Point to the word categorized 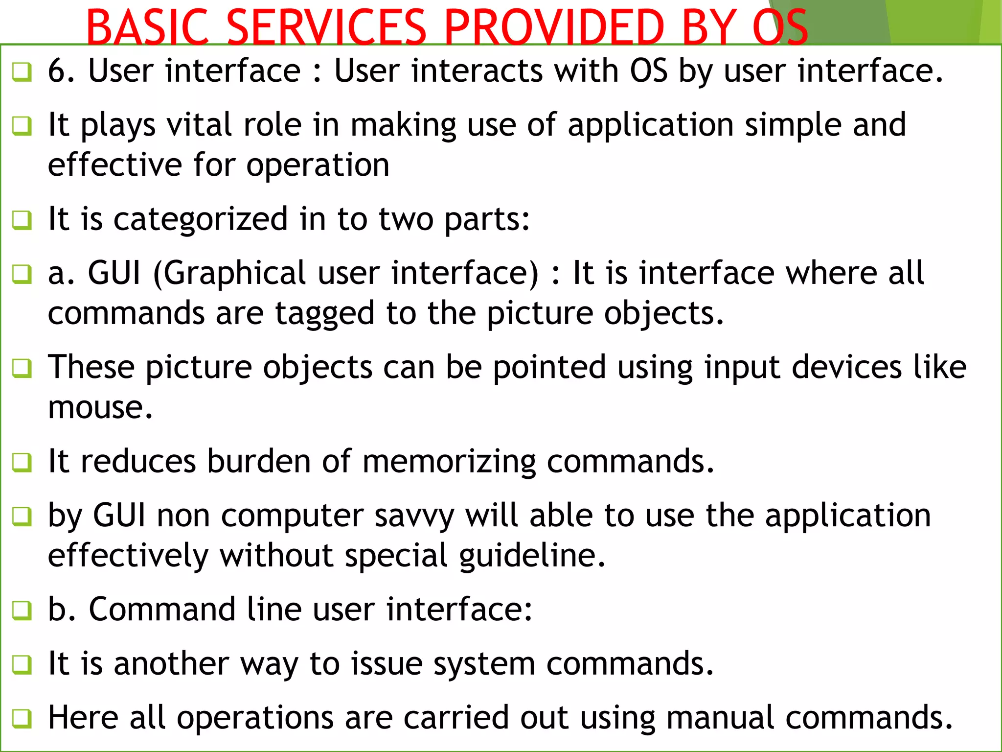coord(201,219)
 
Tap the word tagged coord(325,313)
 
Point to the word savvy coord(414,516)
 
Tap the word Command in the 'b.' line coord(162,610)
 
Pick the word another coord(171,664)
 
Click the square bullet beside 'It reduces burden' coord(22,462)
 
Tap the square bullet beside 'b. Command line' coord(22,611)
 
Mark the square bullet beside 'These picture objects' coord(22,368)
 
